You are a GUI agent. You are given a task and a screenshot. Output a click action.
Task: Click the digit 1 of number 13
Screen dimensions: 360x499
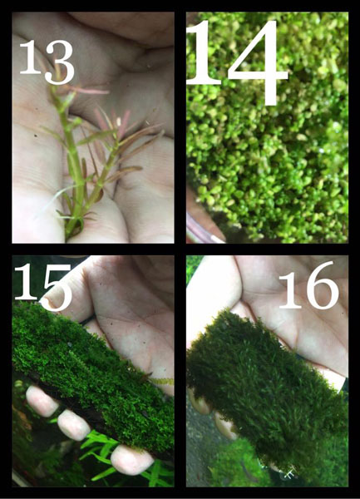tap(31, 57)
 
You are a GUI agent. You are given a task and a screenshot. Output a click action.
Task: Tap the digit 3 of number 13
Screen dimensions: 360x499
tap(60, 62)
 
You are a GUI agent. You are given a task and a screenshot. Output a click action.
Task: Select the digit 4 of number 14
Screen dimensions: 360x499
tap(257, 62)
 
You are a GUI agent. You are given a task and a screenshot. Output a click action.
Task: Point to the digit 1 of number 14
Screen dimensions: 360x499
tap(204, 53)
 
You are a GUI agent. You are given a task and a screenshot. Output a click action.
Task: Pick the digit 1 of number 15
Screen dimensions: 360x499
tap(26, 282)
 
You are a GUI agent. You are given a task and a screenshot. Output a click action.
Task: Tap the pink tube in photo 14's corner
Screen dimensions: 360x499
tap(203, 230)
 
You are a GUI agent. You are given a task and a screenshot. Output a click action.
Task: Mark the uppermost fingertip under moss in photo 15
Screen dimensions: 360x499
tap(41, 401)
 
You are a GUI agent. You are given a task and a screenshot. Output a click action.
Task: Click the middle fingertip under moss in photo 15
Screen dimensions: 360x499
tap(73, 425)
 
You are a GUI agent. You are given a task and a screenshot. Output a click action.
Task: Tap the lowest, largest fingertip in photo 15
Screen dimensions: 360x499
tap(131, 459)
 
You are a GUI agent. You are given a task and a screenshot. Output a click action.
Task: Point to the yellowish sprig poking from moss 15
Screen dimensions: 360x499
tap(160, 381)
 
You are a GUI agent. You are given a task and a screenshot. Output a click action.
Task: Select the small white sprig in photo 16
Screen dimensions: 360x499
tap(289, 473)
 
